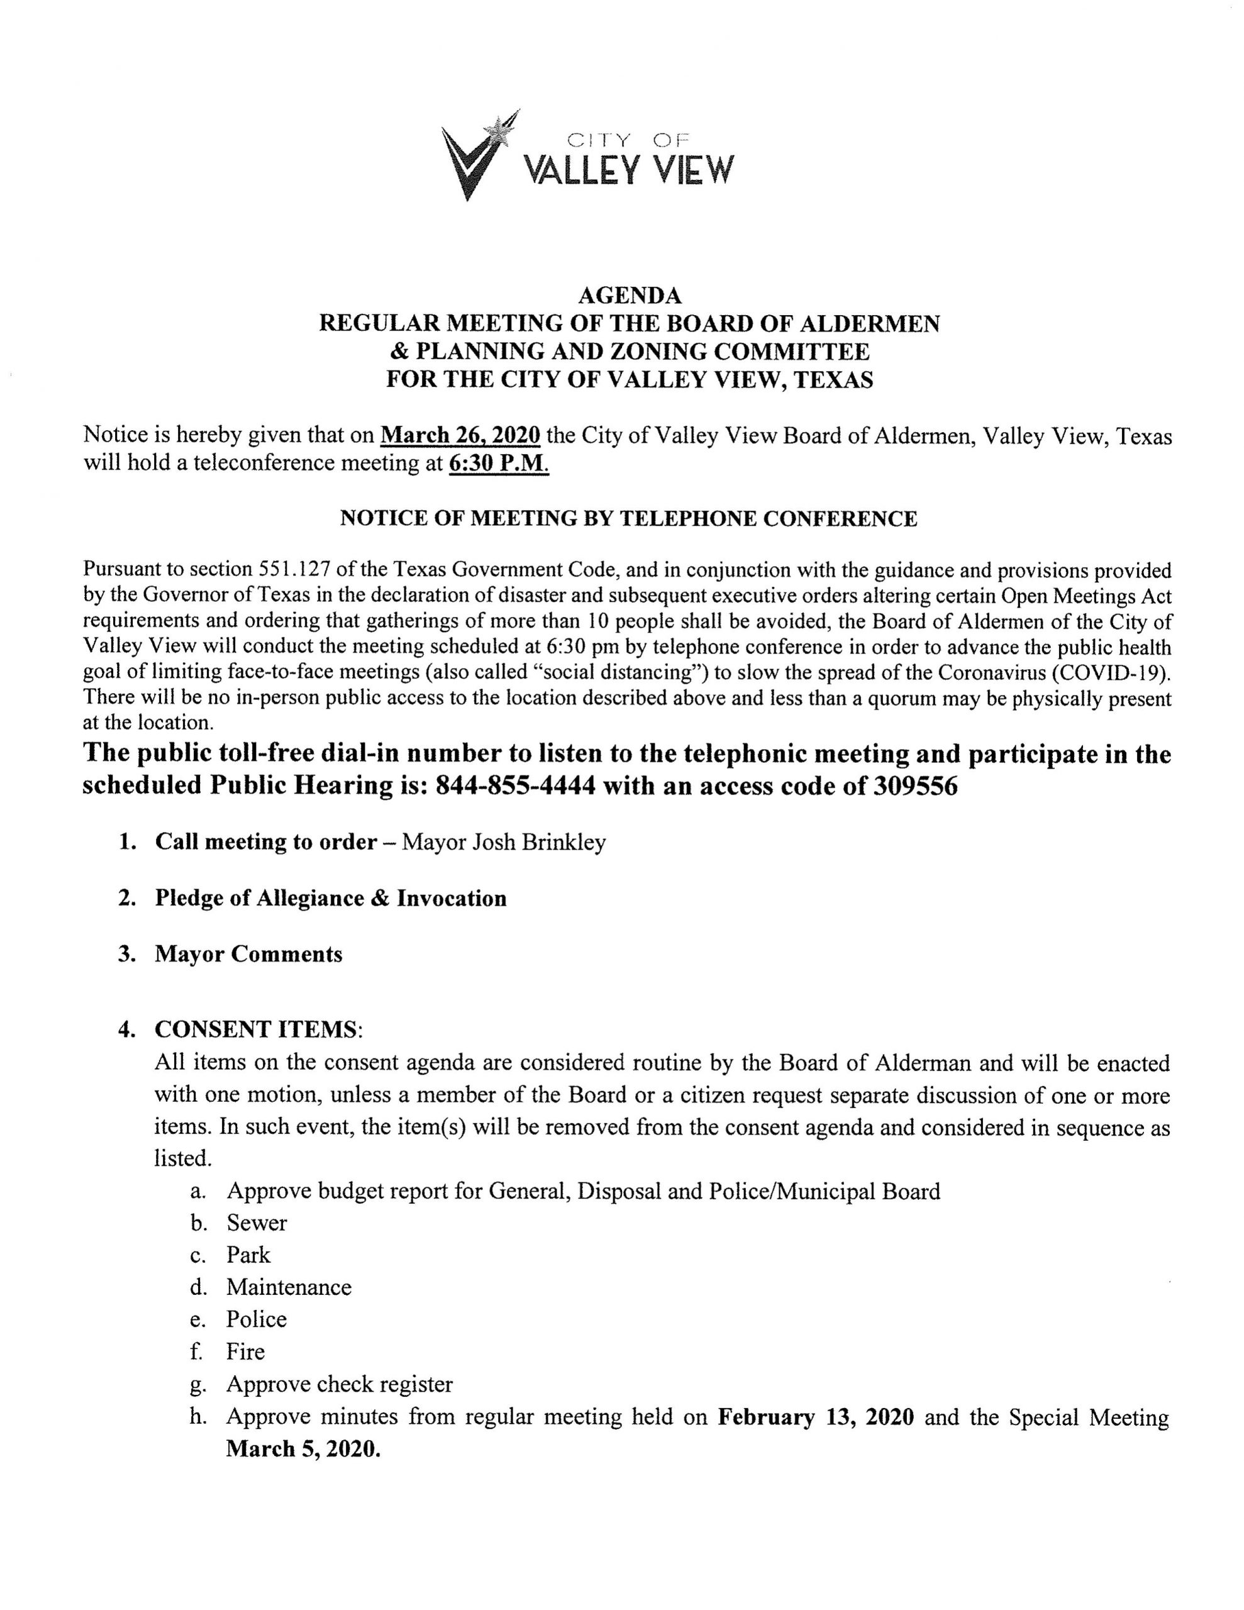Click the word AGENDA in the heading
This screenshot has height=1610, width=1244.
coord(629,296)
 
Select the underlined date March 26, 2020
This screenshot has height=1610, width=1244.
coord(460,436)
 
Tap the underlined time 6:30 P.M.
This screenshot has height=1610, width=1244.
coord(499,464)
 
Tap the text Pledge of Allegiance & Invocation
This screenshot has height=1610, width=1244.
coord(330,898)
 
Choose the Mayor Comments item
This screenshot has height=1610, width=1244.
coord(248,954)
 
